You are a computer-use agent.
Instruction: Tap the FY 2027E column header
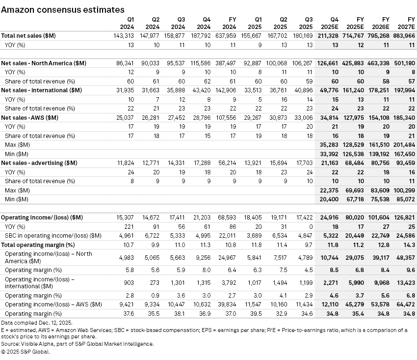[x=405, y=23]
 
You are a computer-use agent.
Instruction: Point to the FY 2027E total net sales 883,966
[x=405, y=35]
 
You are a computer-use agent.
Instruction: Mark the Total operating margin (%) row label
[x=38, y=245]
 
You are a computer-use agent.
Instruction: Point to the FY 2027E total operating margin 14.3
[x=409, y=245]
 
